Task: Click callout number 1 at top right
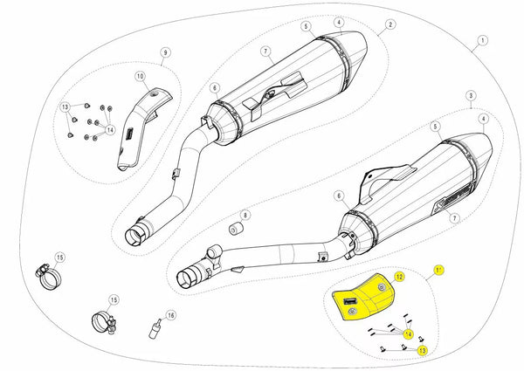481,40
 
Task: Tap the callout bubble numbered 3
470,93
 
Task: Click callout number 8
245,215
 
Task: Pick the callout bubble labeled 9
164,53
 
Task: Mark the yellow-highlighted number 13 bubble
422,350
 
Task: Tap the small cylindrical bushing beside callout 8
234,229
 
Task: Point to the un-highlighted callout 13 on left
65,108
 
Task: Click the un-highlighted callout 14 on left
111,128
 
